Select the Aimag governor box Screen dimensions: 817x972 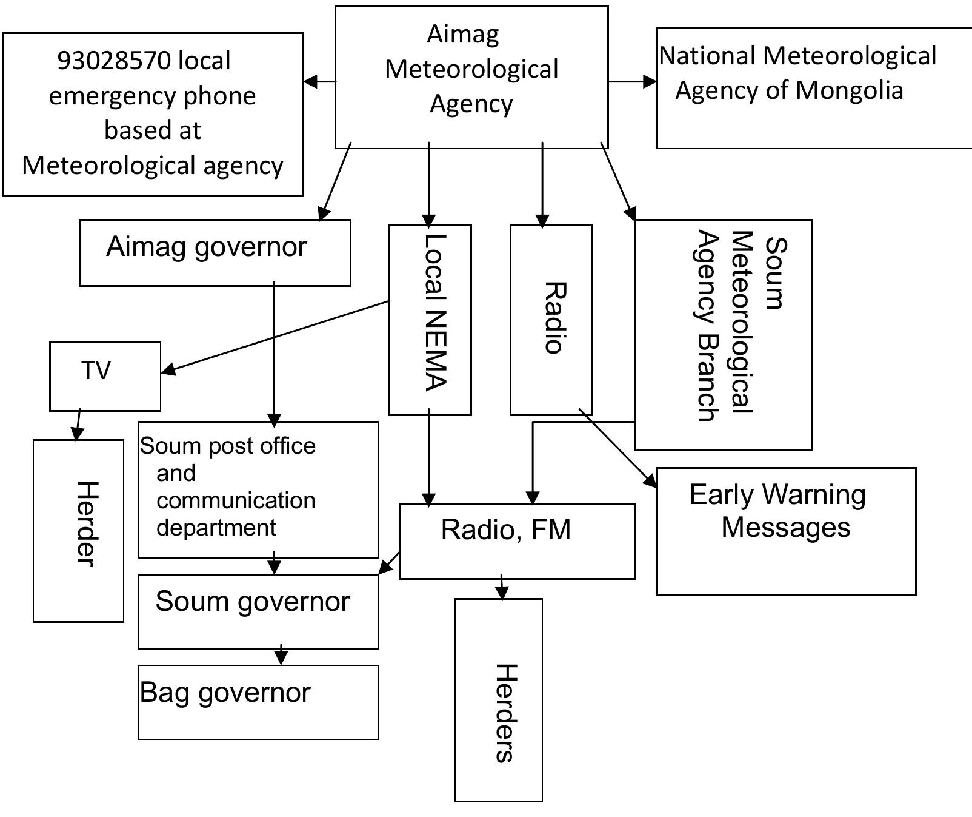215,252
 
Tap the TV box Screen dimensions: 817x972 105,376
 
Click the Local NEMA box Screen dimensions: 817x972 430,320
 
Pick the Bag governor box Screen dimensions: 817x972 258,702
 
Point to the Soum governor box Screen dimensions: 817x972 258,611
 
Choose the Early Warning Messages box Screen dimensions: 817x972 786,531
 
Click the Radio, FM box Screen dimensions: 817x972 518,540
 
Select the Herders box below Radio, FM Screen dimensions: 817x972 498,700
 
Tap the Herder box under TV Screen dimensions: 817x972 78,531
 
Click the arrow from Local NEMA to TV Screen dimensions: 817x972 276,335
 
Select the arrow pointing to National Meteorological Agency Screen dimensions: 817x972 632,81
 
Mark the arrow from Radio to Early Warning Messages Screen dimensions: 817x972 618,448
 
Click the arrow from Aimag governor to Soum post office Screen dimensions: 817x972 274,352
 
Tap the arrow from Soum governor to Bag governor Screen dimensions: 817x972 281,656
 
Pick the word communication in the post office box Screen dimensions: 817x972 236,500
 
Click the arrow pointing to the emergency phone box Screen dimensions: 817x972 319,81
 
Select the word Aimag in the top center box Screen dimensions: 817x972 463,35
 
